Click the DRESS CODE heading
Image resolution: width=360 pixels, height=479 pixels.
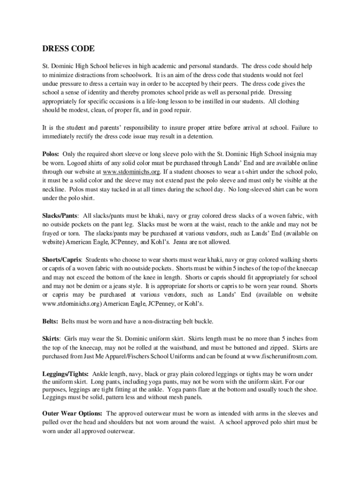click(68, 49)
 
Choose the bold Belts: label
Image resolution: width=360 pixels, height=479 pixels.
click(50, 321)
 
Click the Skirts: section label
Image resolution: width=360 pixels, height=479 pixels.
click(51, 338)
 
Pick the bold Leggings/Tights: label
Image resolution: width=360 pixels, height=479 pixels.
click(66, 374)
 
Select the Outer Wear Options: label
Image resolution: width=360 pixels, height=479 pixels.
click(72, 414)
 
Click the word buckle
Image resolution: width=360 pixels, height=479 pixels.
click(202, 321)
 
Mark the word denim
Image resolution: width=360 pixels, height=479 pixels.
click(93, 286)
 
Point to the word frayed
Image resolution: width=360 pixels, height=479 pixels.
click(51, 233)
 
